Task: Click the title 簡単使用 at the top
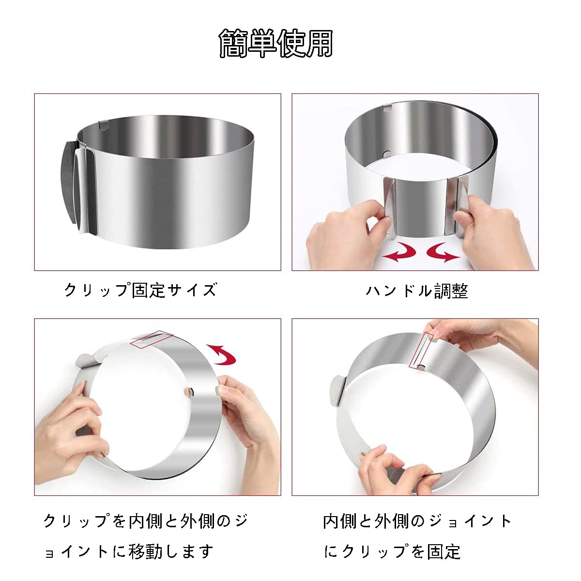point(276,44)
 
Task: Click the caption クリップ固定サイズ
point(140,290)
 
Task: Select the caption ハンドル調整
point(417,291)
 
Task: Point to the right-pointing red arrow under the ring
point(443,252)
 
